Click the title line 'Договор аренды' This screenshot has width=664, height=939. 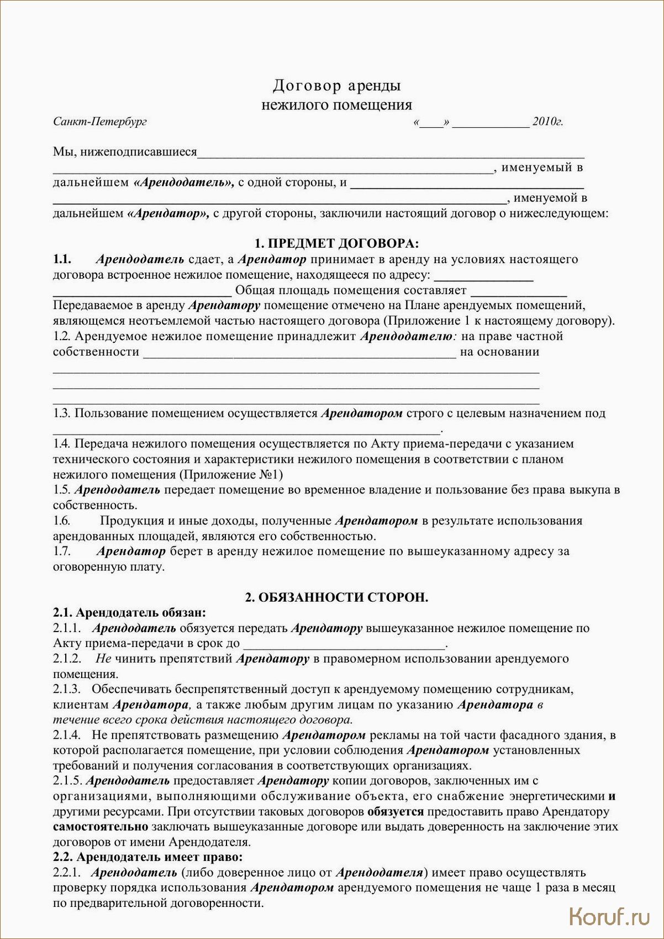tap(336, 86)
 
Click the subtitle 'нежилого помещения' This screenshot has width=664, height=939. tap(336, 105)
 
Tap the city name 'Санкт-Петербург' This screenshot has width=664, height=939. tap(100, 122)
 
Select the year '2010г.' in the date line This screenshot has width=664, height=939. tap(547, 122)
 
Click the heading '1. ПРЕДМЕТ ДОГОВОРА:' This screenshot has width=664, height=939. tap(336, 243)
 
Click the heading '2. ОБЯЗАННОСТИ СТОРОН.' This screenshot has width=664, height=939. tap(336, 597)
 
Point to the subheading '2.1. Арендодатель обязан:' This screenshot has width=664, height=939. tap(129, 613)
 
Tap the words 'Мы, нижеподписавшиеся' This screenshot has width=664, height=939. tap(125, 152)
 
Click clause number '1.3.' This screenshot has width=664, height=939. tap(62, 413)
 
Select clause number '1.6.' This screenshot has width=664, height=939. tap(62, 521)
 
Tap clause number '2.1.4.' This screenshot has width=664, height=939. tap(67, 735)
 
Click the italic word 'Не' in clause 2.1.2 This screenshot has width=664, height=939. tap(103, 659)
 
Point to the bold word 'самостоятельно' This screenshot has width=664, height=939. tap(101, 827)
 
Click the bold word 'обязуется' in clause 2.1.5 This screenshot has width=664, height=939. tap(395, 812)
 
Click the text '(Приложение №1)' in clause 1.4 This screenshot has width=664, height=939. tap(231, 474)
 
